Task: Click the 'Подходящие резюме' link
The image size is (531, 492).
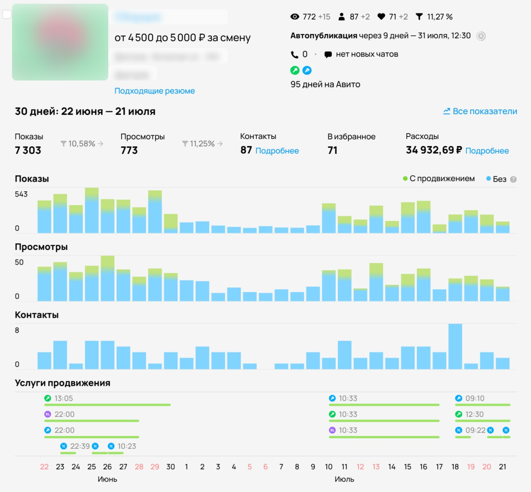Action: pos(154,91)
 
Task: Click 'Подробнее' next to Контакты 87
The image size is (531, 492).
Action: pos(277,151)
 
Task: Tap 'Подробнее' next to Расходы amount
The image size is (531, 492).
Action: pos(487,151)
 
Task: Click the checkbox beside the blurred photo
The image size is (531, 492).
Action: pos(7,15)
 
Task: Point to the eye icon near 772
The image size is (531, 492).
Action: pos(295,17)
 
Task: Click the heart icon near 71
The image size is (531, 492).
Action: pos(381,17)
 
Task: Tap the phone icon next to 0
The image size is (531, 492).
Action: pos(295,54)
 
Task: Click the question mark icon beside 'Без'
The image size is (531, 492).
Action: pos(513,179)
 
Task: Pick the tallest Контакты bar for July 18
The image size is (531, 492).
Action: pos(455,346)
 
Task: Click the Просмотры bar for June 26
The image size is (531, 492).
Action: pos(107,278)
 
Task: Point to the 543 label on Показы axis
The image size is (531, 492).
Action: pos(21,194)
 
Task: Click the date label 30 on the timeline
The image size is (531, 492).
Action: pos(171,467)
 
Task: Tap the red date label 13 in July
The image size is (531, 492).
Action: pos(376,467)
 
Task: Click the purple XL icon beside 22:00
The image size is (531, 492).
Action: pos(48,414)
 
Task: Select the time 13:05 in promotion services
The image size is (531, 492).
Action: pos(63,398)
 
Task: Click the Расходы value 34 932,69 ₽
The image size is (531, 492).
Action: pos(434,150)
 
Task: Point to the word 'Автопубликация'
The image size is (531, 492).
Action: pos(324,36)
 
